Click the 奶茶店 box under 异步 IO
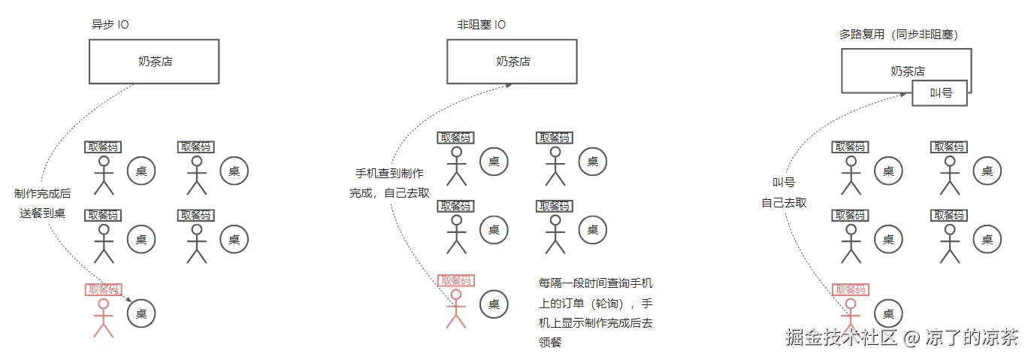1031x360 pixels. (x=154, y=62)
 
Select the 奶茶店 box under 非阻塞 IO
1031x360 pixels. (x=512, y=62)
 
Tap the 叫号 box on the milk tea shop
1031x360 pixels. (x=940, y=94)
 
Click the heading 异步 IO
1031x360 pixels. (x=110, y=25)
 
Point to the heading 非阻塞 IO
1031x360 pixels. (x=481, y=25)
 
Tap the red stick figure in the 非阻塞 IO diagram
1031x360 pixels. (x=455, y=310)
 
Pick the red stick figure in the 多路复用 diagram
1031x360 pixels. (x=851, y=316)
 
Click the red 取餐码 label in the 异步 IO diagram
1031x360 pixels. (x=104, y=289)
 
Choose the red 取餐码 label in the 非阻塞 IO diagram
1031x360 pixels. (x=456, y=280)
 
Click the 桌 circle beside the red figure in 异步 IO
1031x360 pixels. (x=141, y=313)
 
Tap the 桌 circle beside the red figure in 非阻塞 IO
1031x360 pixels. (x=494, y=304)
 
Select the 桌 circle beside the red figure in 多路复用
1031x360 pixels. (x=888, y=314)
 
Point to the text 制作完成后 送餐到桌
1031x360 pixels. (x=43, y=203)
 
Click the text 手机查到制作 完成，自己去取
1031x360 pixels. (x=389, y=183)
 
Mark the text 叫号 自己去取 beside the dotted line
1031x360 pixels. (x=784, y=192)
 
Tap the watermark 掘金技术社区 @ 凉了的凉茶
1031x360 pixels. (x=902, y=337)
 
